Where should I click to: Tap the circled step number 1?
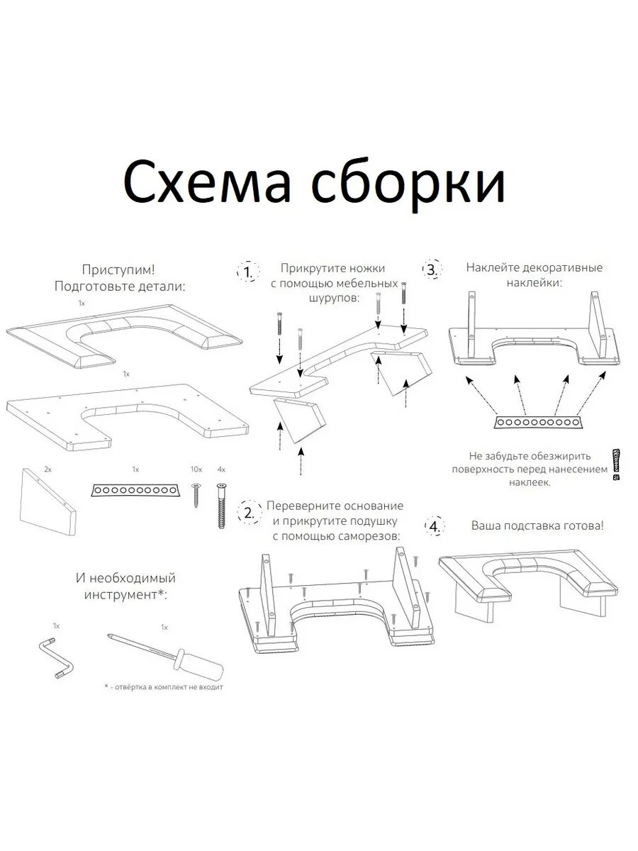pos(247,272)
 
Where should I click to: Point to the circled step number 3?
pos(431,269)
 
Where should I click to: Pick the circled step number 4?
pos(433,526)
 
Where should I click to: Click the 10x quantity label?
pos(196,470)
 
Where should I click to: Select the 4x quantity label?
pos(221,470)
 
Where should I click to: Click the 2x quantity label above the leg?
pos(47,470)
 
